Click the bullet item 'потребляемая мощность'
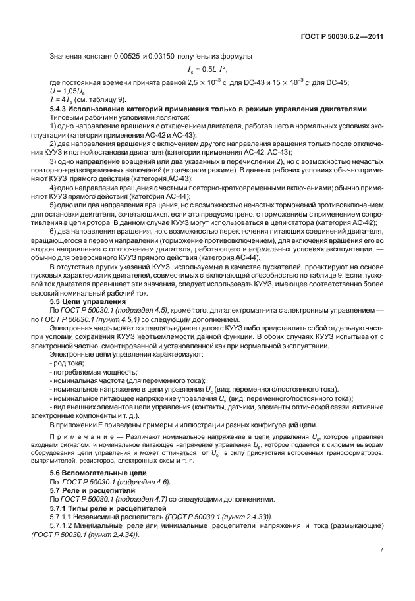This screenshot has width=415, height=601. pyautogui.click(x=89, y=372)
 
